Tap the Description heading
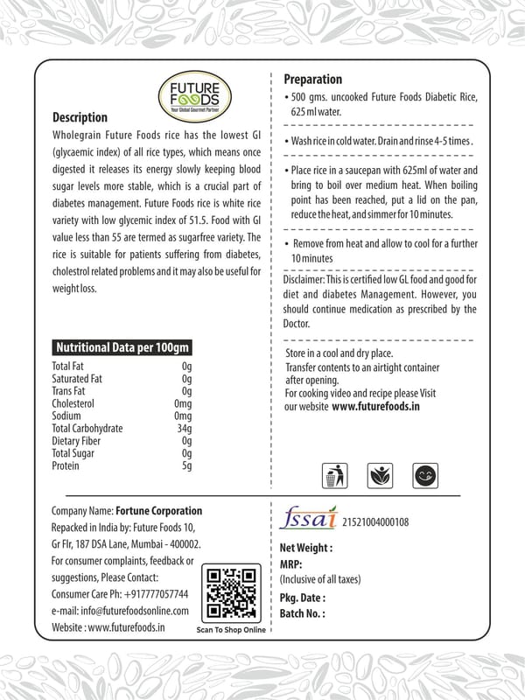[x=80, y=118]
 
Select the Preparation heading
[x=313, y=80]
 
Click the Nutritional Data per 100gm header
[x=122, y=347]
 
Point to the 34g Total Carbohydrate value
[x=184, y=429]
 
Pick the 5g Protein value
[x=186, y=465]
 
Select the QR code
[x=230, y=592]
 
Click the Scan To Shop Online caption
[x=230, y=629]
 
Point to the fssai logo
[x=306, y=518]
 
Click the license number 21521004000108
[x=373, y=522]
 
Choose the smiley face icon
[x=427, y=475]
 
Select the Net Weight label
[x=306, y=548]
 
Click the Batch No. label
[x=302, y=613]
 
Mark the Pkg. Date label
[x=303, y=598]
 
